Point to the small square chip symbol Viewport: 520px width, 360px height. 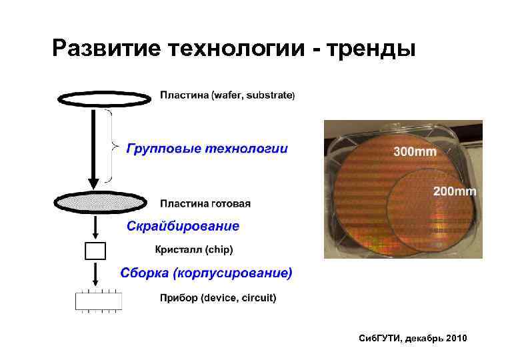point(95,251)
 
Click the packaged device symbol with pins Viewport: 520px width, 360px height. point(98,301)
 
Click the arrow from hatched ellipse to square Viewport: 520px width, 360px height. point(95,227)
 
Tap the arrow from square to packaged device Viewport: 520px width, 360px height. point(95,274)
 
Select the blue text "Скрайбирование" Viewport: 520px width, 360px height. point(183,226)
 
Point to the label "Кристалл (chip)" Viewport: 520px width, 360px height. point(194,250)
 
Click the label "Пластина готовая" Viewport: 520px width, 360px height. point(205,203)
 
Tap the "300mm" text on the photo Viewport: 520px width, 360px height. point(415,151)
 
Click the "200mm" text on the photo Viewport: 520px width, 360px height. point(455,191)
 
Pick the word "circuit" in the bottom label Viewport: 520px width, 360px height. point(257,298)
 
